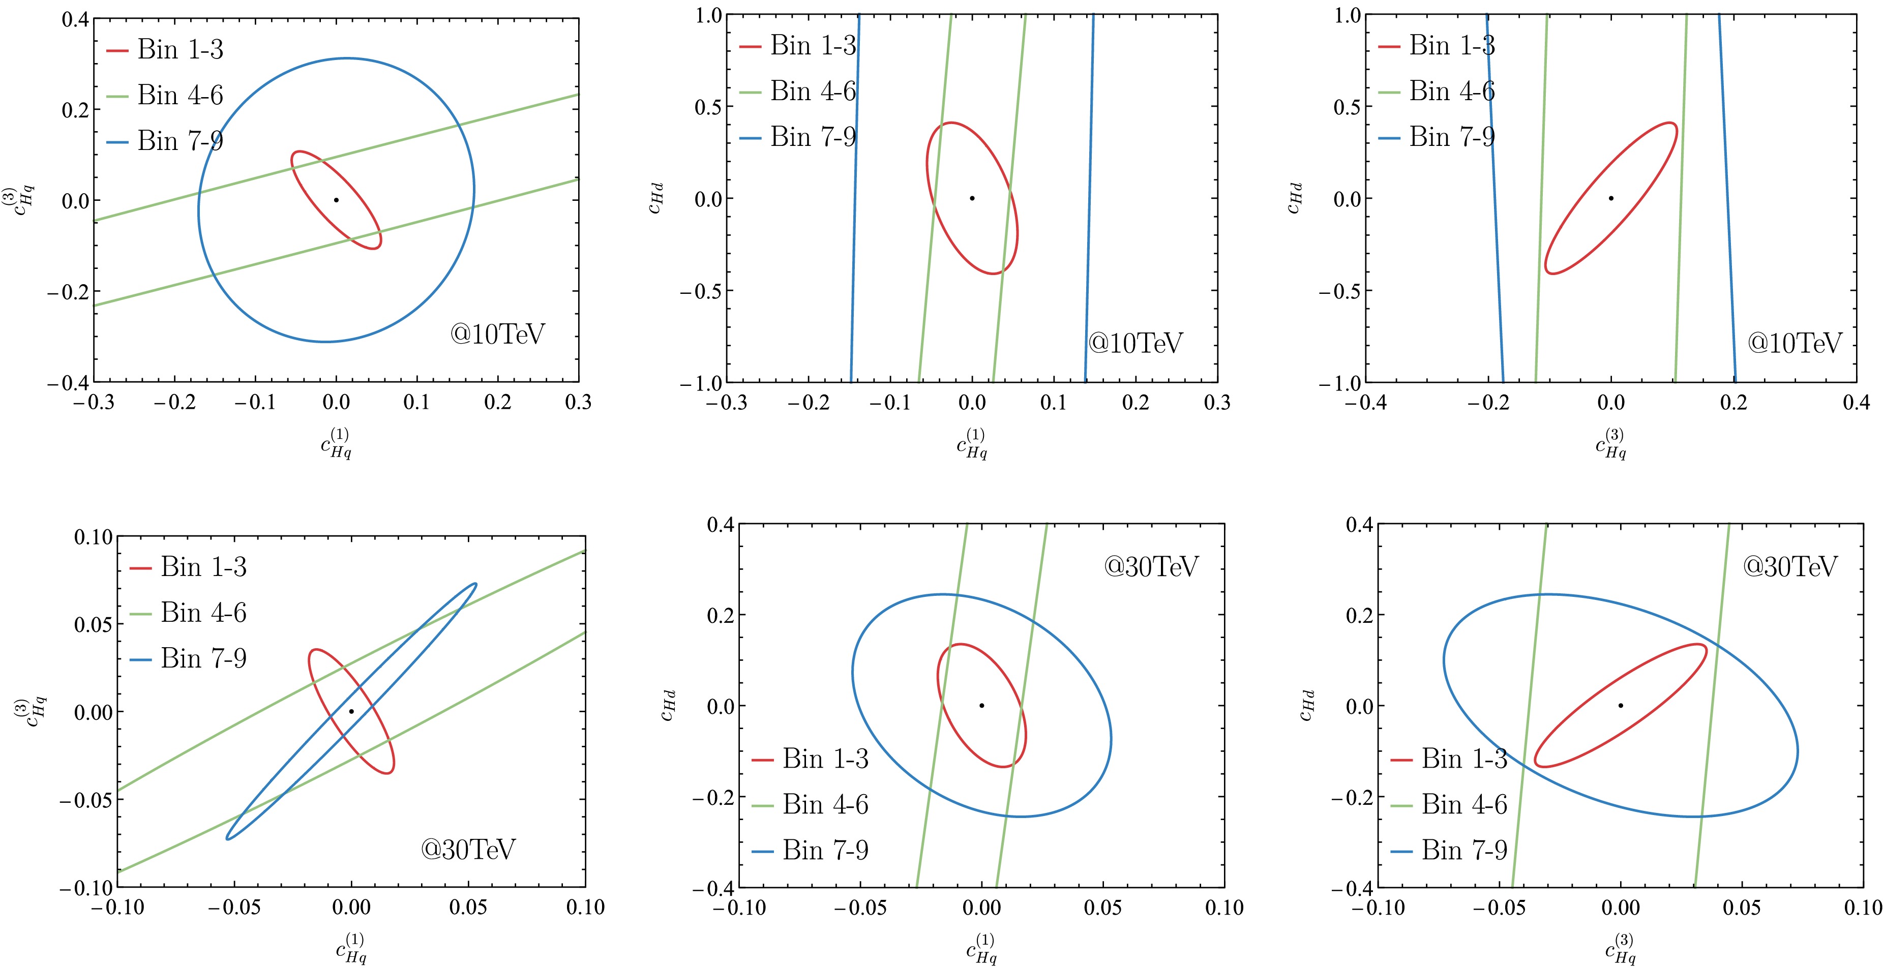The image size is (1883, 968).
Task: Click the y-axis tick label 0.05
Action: click(x=93, y=625)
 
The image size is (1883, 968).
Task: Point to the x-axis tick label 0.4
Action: click(x=1855, y=403)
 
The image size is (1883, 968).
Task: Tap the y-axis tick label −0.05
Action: click(x=87, y=800)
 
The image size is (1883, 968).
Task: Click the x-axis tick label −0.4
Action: click(x=1365, y=403)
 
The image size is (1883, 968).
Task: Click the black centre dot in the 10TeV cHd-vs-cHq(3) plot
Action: click(x=1611, y=198)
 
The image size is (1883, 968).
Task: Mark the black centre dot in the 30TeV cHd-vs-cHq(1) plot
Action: click(x=982, y=706)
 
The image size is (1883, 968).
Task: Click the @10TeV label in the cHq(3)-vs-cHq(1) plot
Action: click(x=498, y=335)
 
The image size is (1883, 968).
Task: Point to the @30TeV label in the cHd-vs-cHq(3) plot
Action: click(x=1789, y=566)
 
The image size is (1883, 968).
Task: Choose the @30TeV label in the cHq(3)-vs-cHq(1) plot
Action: click(x=468, y=849)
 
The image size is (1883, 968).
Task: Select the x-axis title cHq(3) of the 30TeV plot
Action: click(x=1621, y=948)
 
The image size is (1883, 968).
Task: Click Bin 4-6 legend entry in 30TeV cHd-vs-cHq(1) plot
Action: click(x=810, y=804)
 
